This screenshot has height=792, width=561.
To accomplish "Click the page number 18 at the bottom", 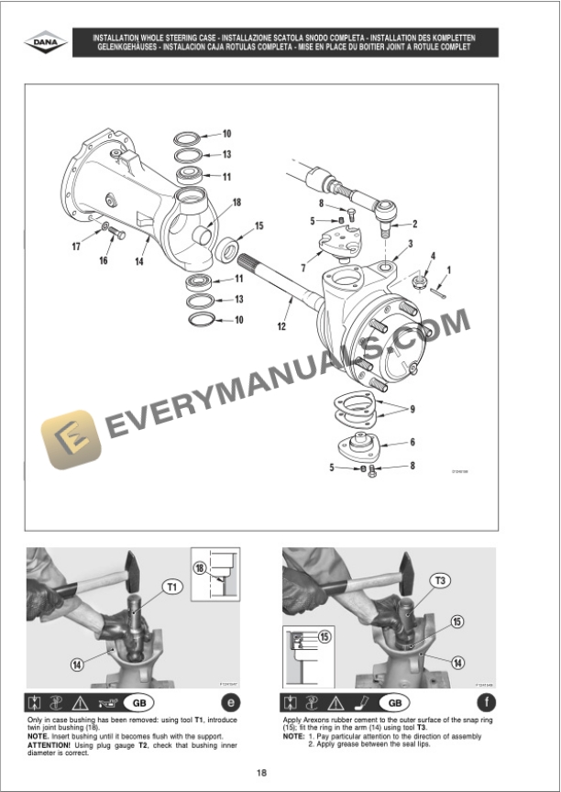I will tap(263, 771).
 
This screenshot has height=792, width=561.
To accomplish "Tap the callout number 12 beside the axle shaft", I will tap(281, 325).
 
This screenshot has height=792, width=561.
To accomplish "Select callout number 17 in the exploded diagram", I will tap(76, 246).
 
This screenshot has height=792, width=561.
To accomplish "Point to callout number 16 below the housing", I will tap(103, 260).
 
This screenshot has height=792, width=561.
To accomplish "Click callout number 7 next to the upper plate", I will tap(302, 267).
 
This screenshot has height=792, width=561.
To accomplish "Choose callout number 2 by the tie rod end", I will tap(414, 223).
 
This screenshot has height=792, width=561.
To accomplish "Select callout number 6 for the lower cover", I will tap(412, 442).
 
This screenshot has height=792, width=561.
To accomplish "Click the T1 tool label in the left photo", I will tap(171, 585).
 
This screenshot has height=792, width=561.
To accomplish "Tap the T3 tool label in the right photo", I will tap(442, 579).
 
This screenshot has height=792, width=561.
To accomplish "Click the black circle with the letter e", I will tap(230, 703).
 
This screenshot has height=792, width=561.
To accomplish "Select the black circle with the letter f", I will tap(487, 703).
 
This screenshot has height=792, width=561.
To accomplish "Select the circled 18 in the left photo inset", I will tap(199, 567).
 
